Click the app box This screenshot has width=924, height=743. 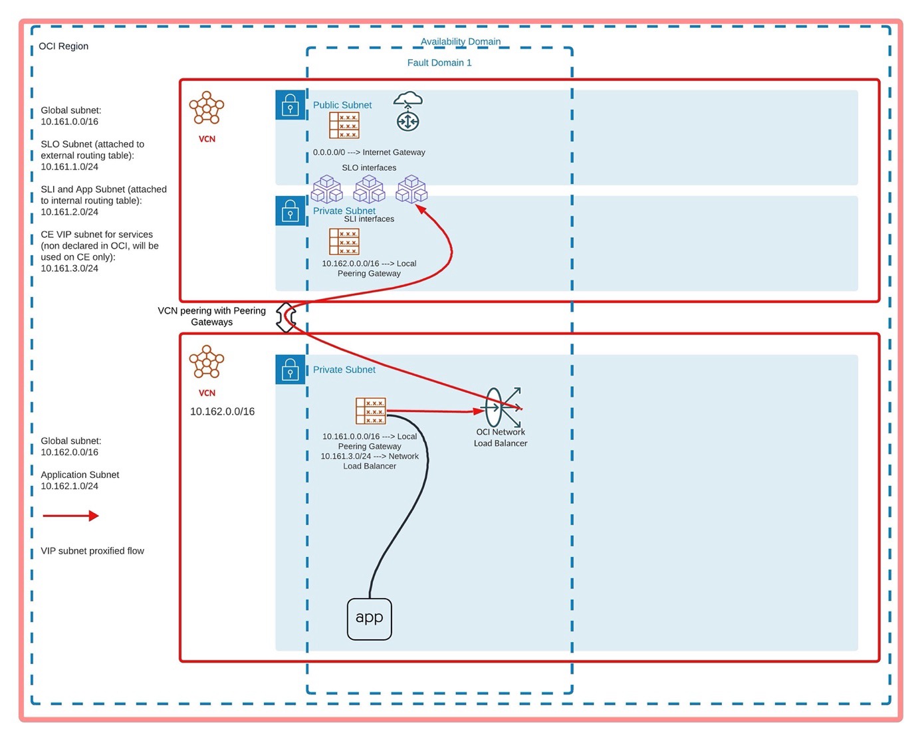point(369,619)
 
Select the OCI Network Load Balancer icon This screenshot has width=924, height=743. point(503,407)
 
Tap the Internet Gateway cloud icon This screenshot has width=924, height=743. point(408,111)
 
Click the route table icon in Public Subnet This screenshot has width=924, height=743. point(344,125)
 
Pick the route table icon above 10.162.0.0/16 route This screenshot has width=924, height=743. point(344,242)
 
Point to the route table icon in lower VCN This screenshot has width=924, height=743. point(370,411)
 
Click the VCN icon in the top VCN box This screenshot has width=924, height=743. point(207,108)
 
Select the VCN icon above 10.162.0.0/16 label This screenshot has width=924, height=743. point(207,362)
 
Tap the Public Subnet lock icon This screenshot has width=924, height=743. point(290,105)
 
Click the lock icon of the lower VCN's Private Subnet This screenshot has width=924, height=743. point(290,370)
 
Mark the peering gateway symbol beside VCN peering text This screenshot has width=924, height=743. point(286,318)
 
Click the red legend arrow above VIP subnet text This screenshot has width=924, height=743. point(70,516)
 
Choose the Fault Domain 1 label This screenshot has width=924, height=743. point(439,62)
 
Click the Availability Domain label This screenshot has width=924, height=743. point(461,41)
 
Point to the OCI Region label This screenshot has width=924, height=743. point(63,46)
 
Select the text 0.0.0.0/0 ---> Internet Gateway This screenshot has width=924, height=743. point(369,152)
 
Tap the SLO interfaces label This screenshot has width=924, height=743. point(369,167)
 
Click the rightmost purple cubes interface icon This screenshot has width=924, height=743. point(411,189)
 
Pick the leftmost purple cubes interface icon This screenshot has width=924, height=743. point(326,189)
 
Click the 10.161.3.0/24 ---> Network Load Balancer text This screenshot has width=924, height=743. point(370,461)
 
